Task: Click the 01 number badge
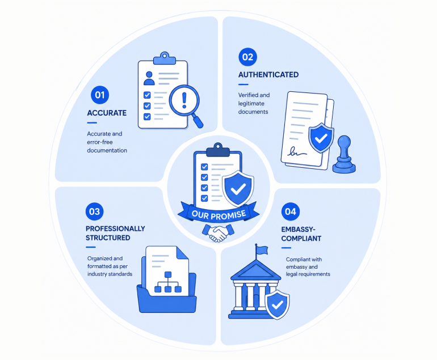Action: [x=100, y=95]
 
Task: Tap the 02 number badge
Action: [x=247, y=57]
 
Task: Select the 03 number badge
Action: [x=94, y=211]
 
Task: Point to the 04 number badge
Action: [x=291, y=212]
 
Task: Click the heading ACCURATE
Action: [x=107, y=113]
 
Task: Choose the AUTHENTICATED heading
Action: [x=268, y=75]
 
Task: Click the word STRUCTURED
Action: [x=108, y=238]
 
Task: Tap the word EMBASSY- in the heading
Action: [x=298, y=230]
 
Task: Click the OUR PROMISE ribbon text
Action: [x=218, y=215]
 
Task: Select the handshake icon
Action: [x=218, y=233]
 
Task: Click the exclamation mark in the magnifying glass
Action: [x=184, y=100]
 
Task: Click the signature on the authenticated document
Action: [x=296, y=151]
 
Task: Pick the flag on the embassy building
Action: [x=262, y=250]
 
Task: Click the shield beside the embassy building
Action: [x=277, y=304]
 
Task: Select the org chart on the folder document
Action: [x=168, y=282]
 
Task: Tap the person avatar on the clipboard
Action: [x=149, y=78]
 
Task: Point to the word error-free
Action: [x=100, y=142]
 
